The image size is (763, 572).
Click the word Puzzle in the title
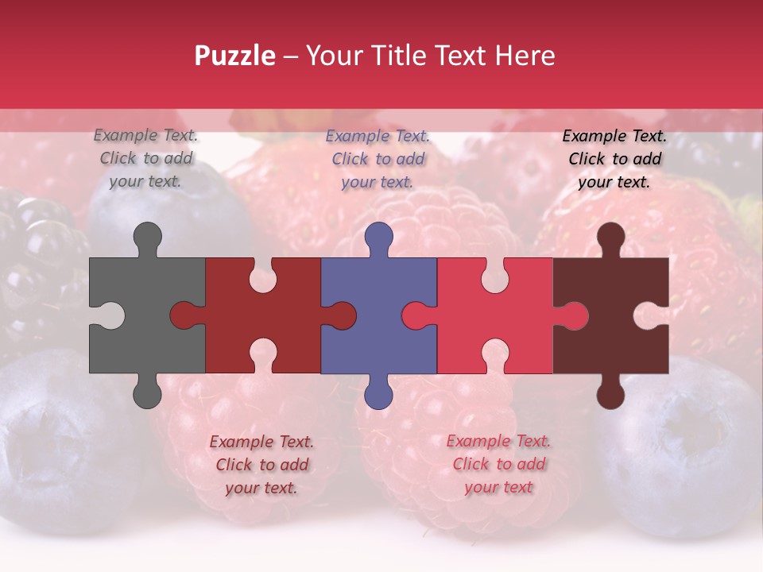(x=234, y=56)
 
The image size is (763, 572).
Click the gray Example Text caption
(x=146, y=158)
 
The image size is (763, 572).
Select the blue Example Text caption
(x=378, y=159)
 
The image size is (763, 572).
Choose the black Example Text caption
(x=614, y=159)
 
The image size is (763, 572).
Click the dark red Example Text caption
(x=261, y=465)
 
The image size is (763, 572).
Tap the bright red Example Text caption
(x=498, y=464)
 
